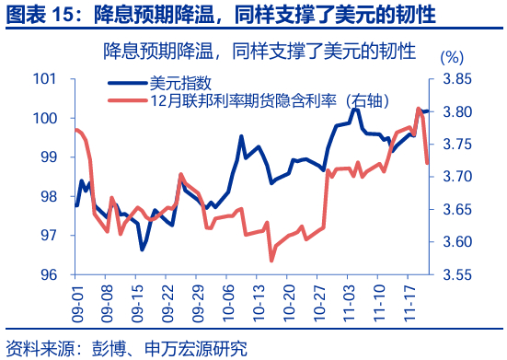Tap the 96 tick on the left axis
point(48,274)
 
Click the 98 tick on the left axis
point(48,196)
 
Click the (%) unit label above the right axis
point(454,57)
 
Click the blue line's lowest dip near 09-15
point(143,249)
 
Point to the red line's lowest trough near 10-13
point(271,261)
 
